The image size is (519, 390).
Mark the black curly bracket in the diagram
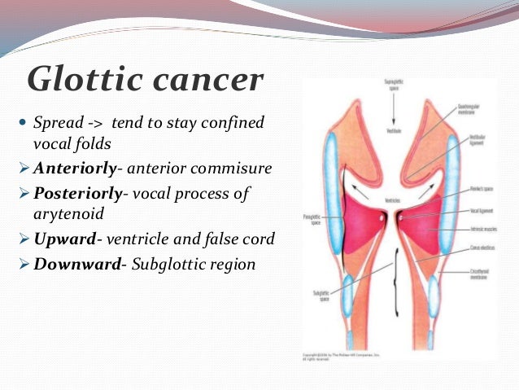click(397, 294)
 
